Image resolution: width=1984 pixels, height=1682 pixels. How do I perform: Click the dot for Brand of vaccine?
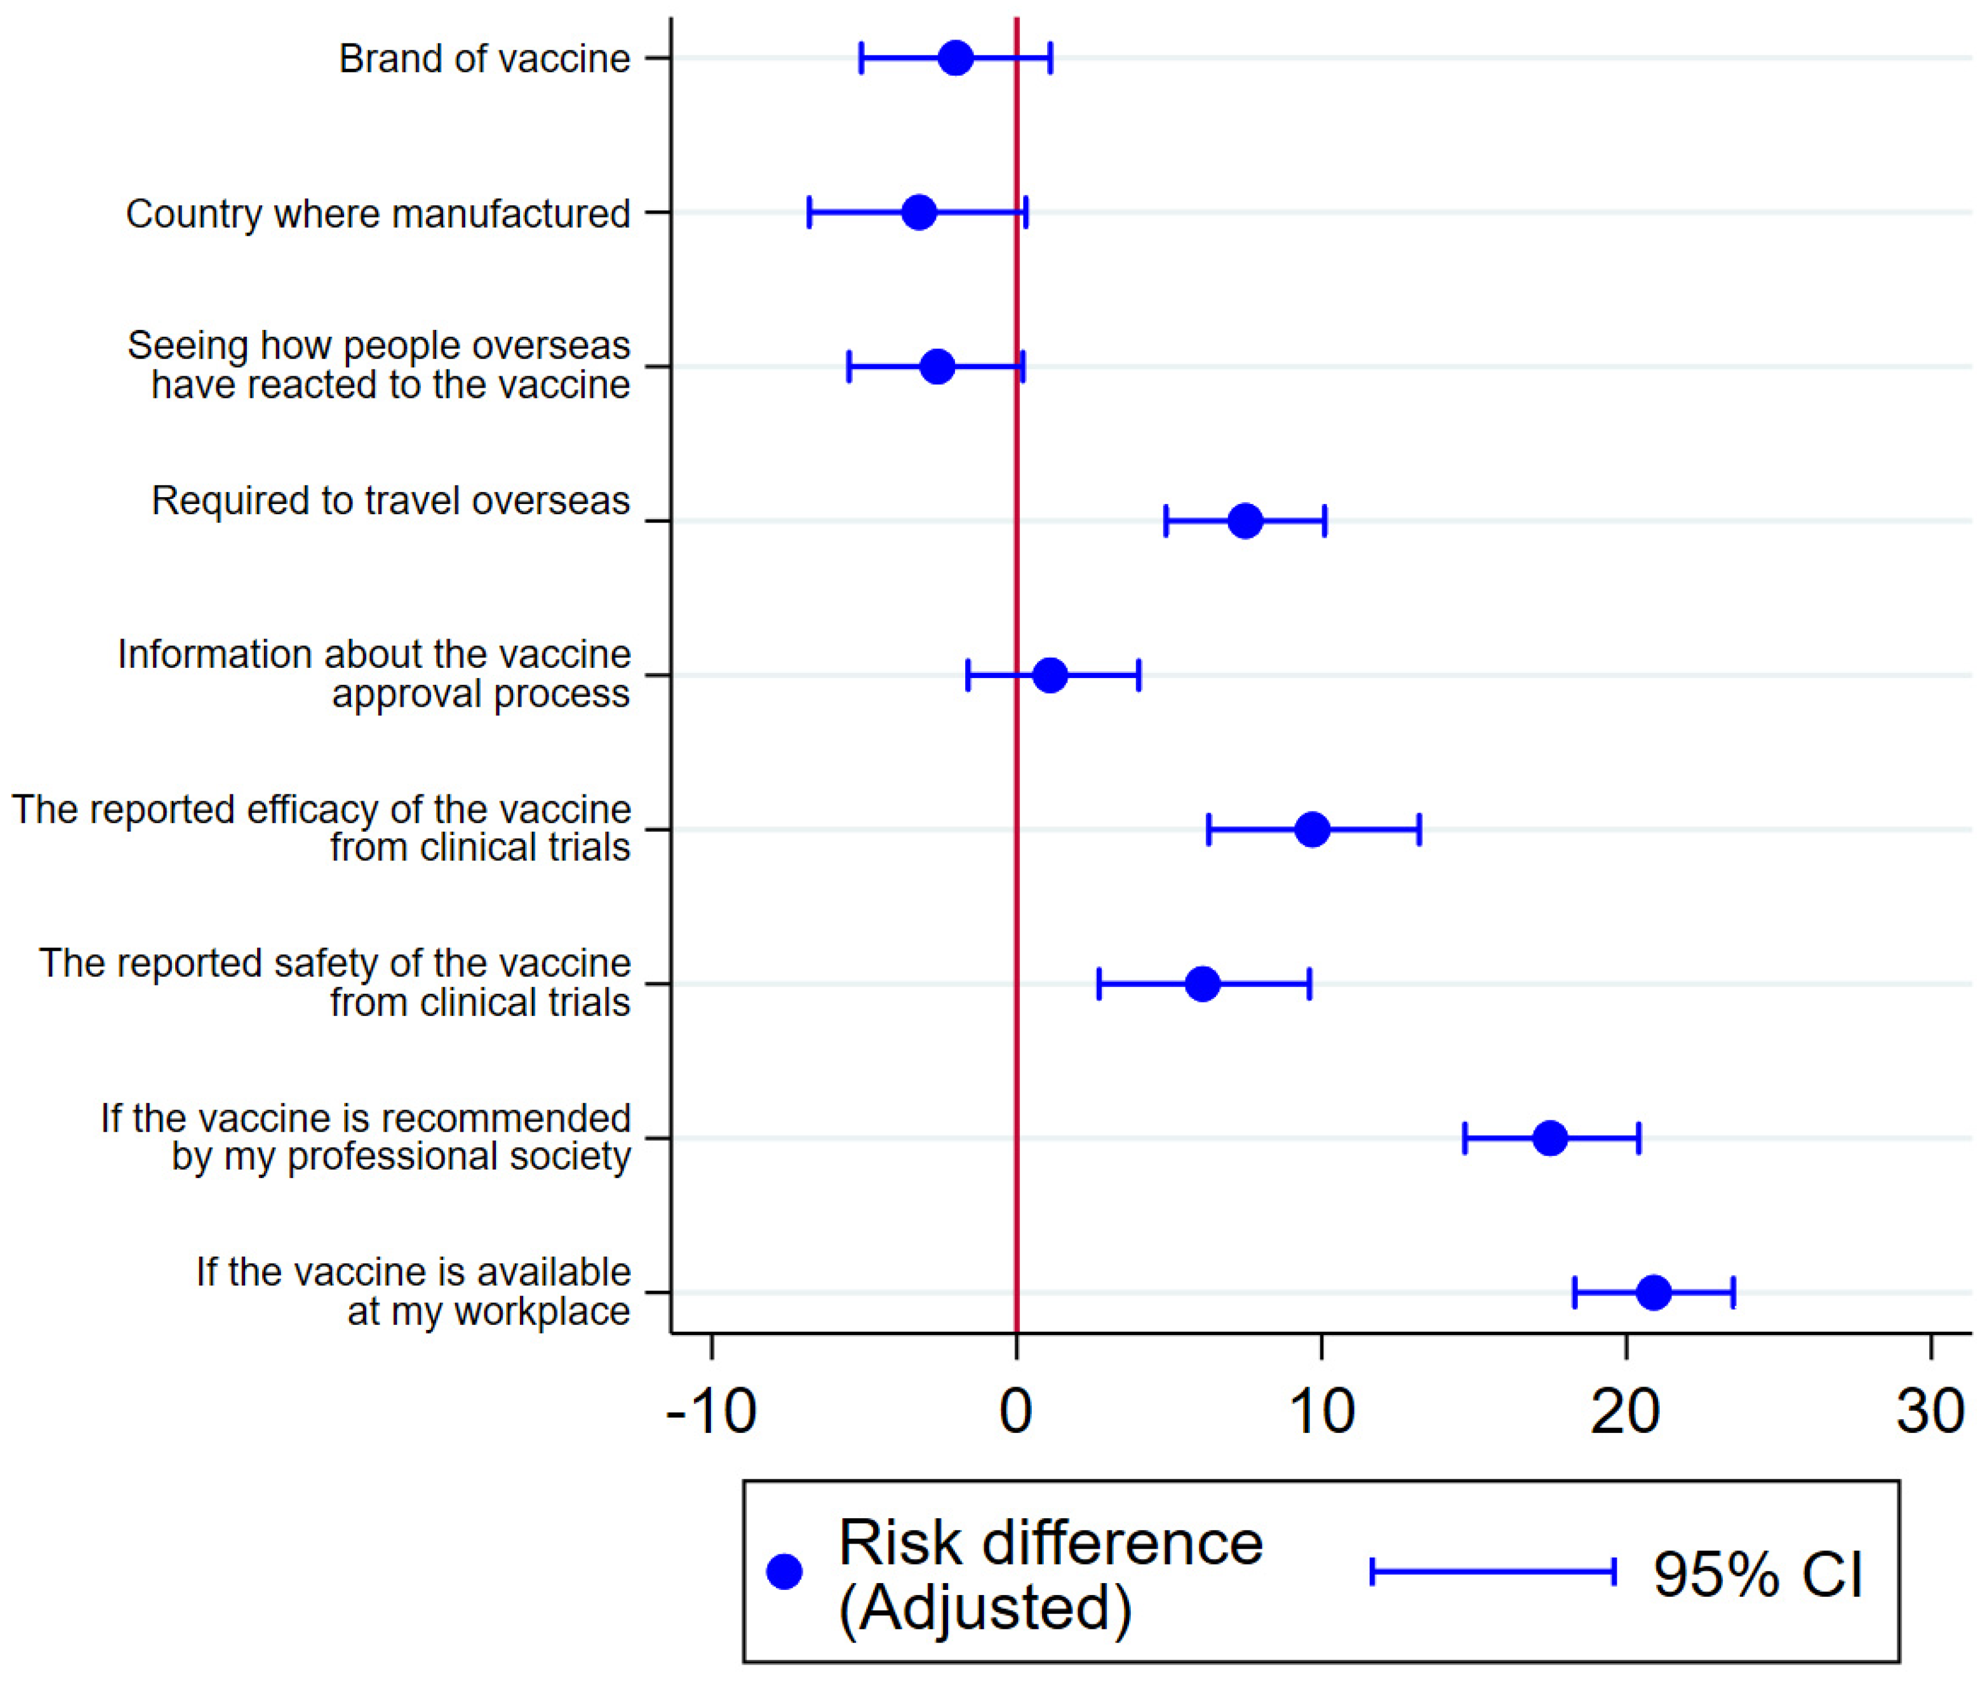(956, 58)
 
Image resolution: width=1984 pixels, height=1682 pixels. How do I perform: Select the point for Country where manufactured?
(918, 212)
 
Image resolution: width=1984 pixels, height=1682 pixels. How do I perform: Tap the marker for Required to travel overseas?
(1245, 520)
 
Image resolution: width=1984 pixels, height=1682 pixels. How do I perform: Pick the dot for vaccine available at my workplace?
(1653, 1292)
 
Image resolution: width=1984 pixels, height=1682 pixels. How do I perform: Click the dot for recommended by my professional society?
(1550, 1137)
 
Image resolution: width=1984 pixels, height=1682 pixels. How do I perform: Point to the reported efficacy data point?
(1312, 829)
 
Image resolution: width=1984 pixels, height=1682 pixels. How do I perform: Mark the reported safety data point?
(1202, 983)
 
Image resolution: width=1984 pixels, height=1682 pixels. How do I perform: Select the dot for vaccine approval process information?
(1050, 675)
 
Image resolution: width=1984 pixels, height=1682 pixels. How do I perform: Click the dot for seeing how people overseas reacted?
(938, 366)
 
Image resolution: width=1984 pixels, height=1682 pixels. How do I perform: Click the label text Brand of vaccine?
(484, 59)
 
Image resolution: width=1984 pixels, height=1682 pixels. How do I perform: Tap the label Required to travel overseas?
(391, 501)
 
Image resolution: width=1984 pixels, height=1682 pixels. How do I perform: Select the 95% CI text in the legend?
(1757, 1574)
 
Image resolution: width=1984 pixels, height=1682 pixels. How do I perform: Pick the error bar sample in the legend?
(1493, 1571)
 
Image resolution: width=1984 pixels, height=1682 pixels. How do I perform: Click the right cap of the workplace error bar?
(1733, 1292)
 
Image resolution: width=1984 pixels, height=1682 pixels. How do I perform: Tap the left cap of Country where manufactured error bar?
(809, 212)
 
